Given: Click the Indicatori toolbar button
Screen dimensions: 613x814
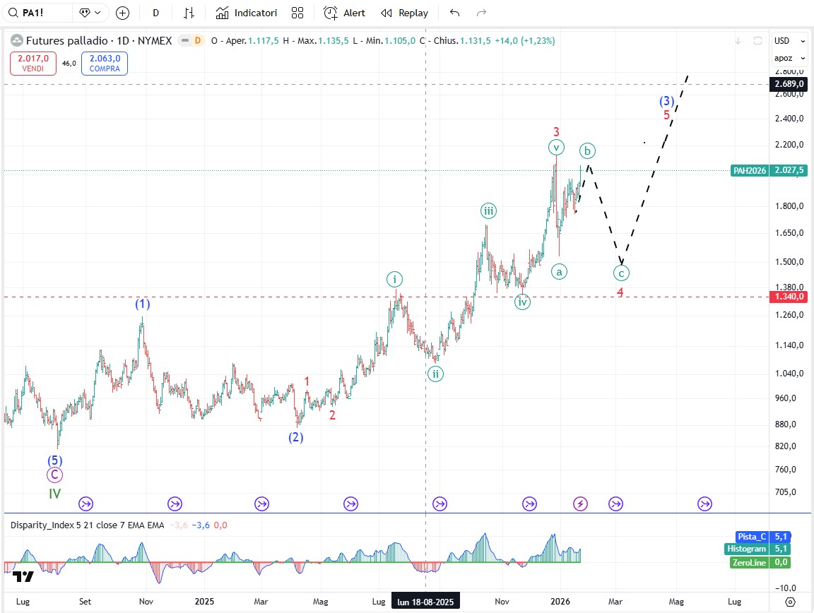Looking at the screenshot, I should (x=247, y=13).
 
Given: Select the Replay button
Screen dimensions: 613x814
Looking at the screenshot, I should (x=404, y=13).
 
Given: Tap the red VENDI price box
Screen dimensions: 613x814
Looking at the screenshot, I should (x=33, y=64).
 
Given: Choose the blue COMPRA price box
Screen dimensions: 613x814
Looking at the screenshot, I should (x=105, y=64).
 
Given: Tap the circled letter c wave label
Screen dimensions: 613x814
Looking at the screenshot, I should (x=621, y=273).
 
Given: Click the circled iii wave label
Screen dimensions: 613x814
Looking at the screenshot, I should (x=488, y=210).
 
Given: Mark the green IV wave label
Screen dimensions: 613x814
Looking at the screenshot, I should (x=55, y=494).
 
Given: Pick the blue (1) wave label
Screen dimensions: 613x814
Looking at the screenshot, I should (x=143, y=304).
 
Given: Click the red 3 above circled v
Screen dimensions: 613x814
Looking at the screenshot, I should (x=557, y=131).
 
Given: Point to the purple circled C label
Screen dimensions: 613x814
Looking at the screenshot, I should (x=55, y=475).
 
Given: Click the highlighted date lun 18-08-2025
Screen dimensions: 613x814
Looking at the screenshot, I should (x=425, y=602).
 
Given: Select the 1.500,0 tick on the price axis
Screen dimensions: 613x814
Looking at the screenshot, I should (x=789, y=262).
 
